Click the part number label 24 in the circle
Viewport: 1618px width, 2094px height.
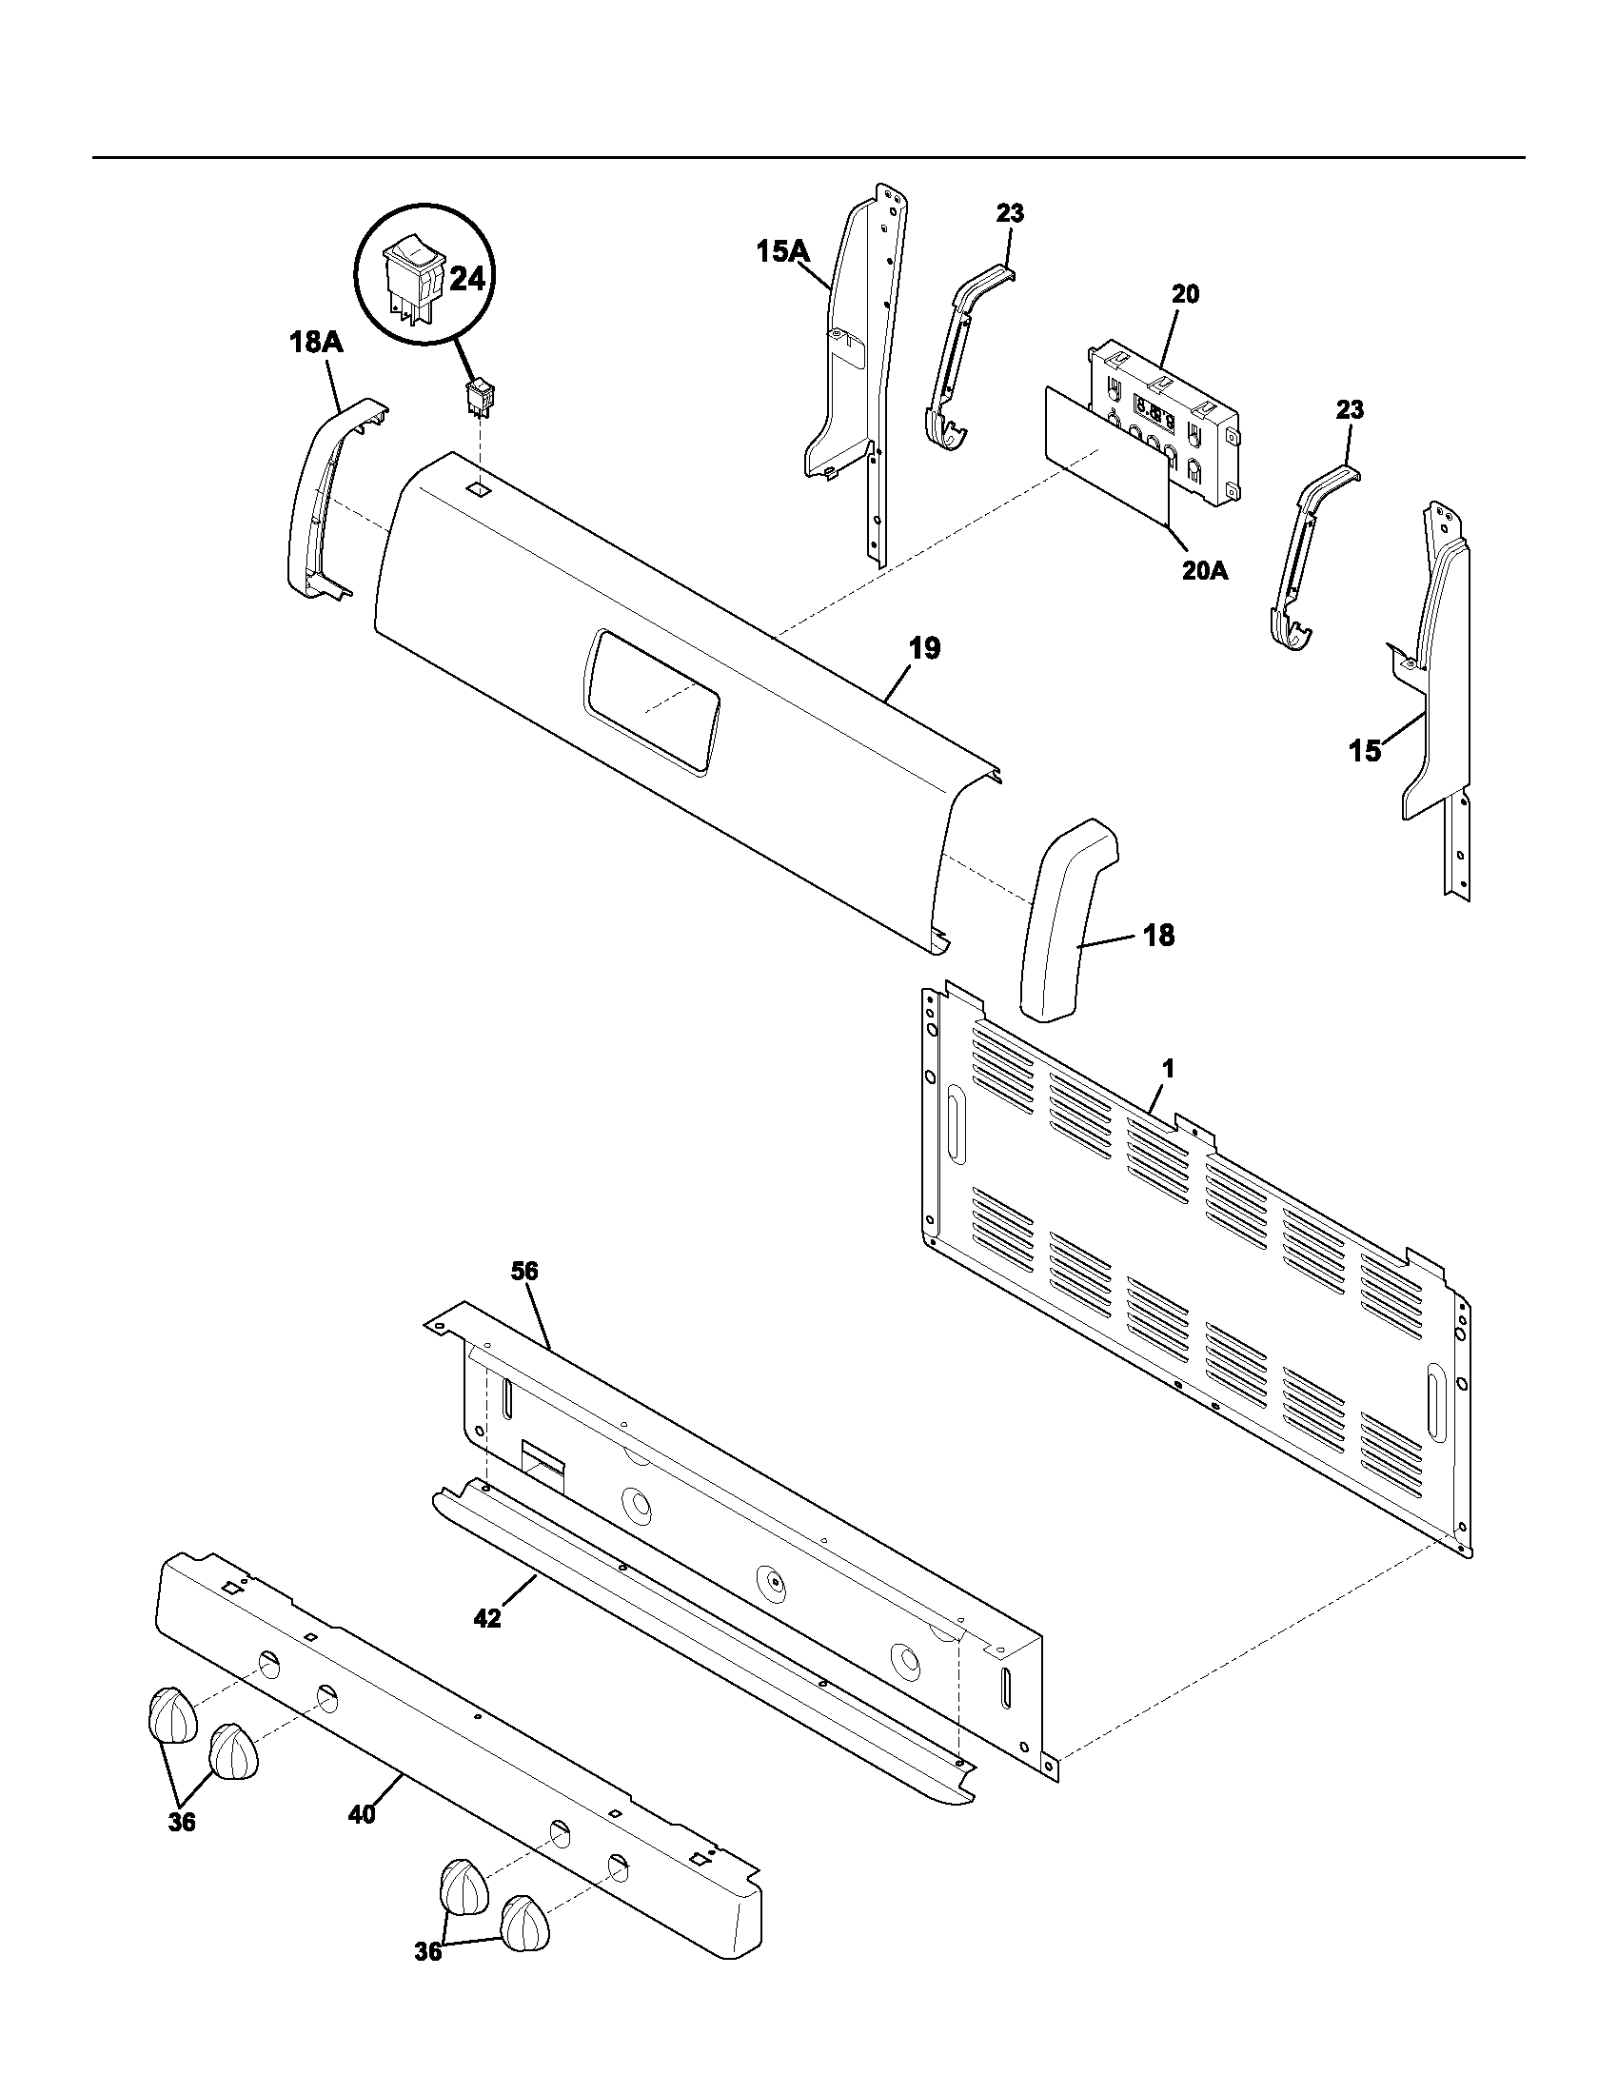click(466, 279)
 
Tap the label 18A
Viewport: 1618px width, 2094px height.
click(315, 343)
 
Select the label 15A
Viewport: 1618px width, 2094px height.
click(782, 252)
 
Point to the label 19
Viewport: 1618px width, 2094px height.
click(924, 648)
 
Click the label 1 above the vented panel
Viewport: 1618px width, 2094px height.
click(1168, 1067)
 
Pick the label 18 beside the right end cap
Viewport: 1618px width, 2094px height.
click(1159, 935)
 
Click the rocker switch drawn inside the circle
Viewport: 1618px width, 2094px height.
click(411, 275)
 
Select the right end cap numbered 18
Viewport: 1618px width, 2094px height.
click(1067, 920)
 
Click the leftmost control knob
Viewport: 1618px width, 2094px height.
click(170, 1714)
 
